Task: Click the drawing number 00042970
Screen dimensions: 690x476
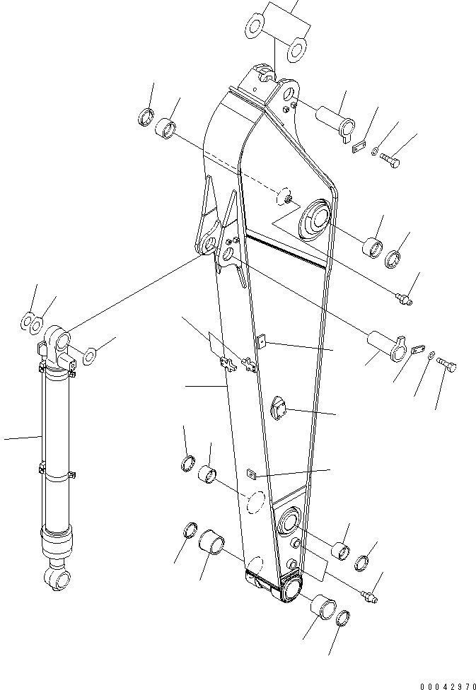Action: pyautogui.click(x=438, y=684)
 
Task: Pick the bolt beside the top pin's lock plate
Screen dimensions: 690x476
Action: pyautogui.click(x=390, y=160)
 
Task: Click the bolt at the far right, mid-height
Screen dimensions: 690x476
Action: pyautogui.click(x=448, y=366)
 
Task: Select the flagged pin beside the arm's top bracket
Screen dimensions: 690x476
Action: pyautogui.click(x=337, y=117)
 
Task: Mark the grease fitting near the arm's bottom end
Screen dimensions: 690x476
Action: pyautogui.click(x=369, y=597)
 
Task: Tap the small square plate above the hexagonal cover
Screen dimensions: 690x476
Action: pyautogui.click(x=262, y=343)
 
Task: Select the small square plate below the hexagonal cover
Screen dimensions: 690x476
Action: pyautogui.click(x=250, y=474)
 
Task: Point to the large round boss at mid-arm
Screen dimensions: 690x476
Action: pyautogui.click(x=315, y=217)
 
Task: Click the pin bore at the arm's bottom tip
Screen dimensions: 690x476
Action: pyautogui.click(x=290, y=589)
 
